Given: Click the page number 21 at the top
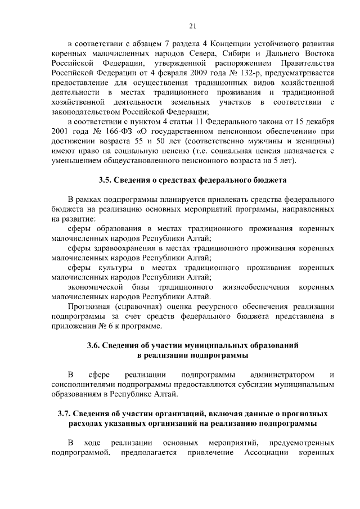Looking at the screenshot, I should (x=192, y=26).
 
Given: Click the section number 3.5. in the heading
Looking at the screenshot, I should (x=105, y=181).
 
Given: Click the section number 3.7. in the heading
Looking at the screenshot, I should (x=68, y=413).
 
